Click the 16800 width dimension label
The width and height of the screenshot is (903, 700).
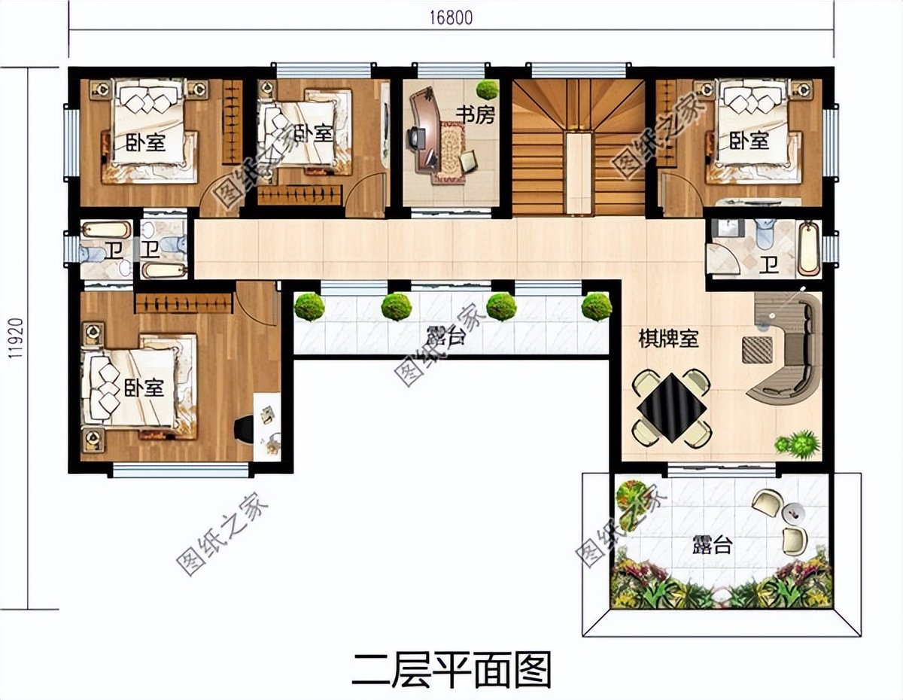[x=451, y=18]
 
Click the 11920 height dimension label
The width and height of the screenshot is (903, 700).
[x=16, y=339]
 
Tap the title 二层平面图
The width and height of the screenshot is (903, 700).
[x=451, y=668]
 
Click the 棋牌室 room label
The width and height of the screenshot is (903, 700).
[x=669, y=339]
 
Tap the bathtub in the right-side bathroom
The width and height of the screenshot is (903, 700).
[x=808, y=248]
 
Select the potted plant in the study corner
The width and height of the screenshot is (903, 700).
[x=487, y=90]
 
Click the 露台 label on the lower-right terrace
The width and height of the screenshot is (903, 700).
[x=711, y=546]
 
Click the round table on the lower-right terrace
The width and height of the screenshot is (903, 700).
[x=793, y=513]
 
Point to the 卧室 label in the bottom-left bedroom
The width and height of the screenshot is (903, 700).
[x=144, y=388]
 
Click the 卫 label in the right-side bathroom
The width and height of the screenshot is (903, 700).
[x=768, y=264]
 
